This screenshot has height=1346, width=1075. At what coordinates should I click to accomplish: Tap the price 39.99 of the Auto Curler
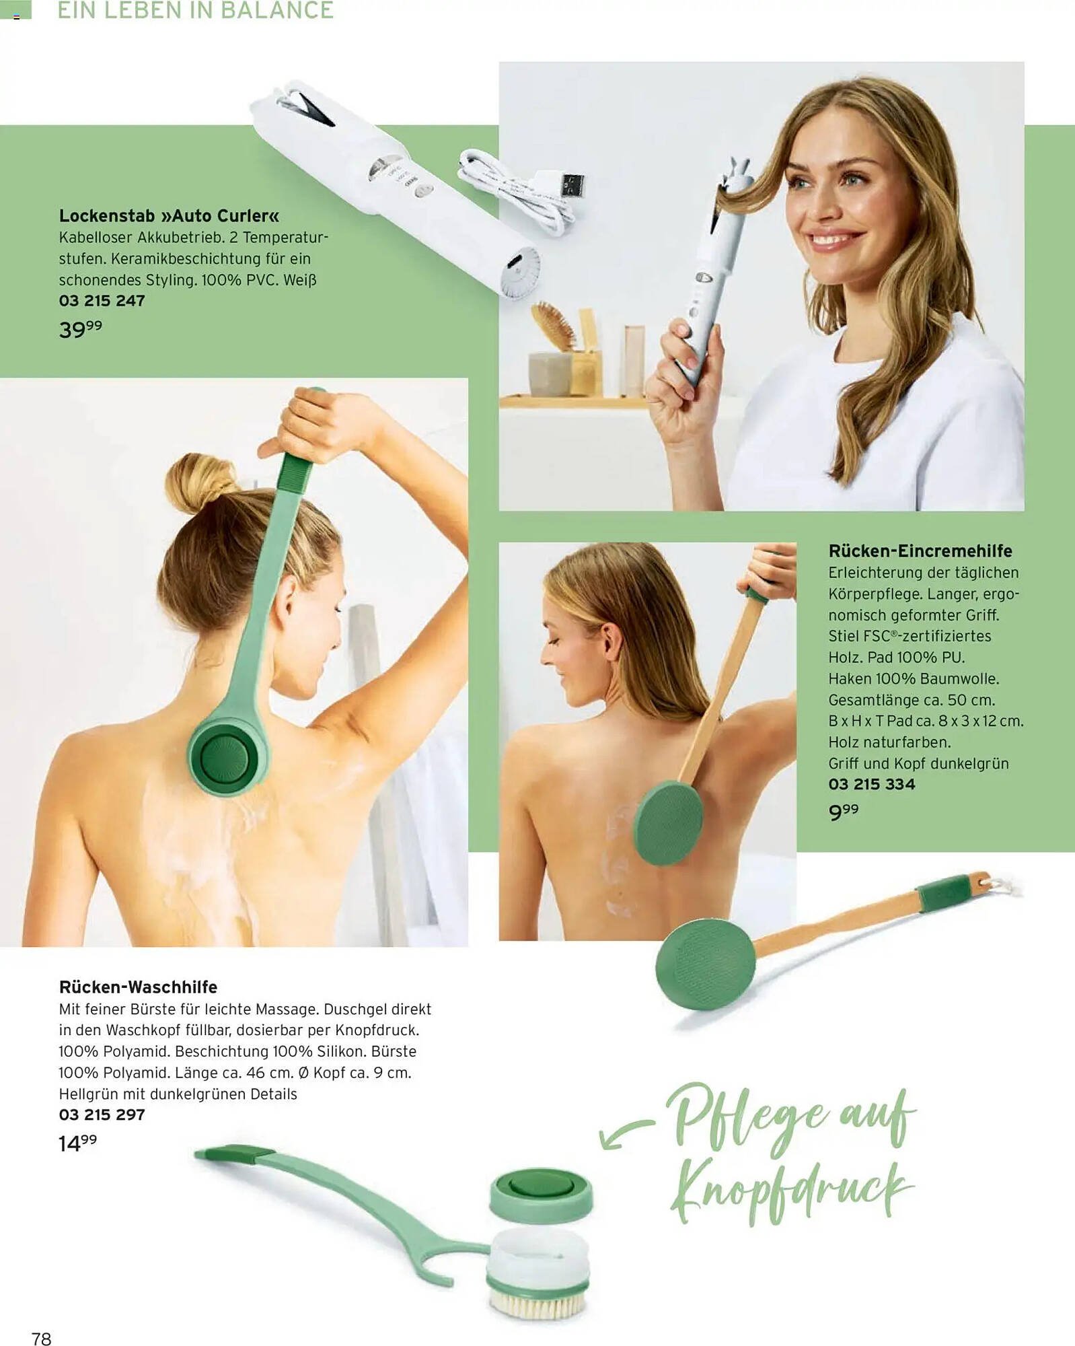click(81, 329)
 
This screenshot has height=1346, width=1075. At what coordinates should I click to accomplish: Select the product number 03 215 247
click(102, 301)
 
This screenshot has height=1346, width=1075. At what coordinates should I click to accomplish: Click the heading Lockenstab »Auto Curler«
click(169, 215)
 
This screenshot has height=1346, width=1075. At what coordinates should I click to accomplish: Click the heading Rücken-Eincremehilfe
click(920, 551)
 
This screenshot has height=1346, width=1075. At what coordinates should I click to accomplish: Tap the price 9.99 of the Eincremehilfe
click(844, 812)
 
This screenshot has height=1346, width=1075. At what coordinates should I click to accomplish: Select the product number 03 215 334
click(872, 784)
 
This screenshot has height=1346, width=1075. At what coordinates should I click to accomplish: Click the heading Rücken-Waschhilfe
click(138, 987)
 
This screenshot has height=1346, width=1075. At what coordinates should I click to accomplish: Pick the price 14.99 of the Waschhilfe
click(78, 1143)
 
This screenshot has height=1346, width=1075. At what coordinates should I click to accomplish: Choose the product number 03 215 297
click(102, 1114)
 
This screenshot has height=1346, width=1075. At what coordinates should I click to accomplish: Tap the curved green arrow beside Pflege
click(622, 1130)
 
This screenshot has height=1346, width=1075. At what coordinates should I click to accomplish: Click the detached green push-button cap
click(542, 1194)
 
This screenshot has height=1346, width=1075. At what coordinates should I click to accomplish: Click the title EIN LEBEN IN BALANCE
click(195, 10)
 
